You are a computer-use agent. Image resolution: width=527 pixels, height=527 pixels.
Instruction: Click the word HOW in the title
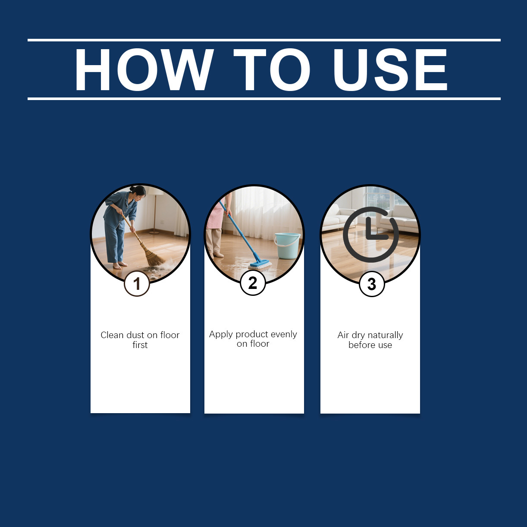(144, 69)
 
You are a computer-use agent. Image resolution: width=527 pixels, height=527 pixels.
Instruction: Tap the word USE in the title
(390, 69)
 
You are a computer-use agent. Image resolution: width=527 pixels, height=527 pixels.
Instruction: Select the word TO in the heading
(272, 69)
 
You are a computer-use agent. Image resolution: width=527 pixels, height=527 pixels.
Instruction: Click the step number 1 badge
(137, 284)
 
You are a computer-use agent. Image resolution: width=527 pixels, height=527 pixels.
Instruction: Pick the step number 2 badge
(253, 283)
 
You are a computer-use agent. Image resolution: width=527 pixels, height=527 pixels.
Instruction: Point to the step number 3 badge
(372, 284)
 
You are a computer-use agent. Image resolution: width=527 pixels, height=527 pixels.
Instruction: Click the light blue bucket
(287, 245)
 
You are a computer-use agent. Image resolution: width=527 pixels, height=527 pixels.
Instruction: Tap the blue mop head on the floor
(260, 264)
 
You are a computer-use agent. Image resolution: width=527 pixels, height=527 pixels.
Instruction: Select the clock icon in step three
(371, 235)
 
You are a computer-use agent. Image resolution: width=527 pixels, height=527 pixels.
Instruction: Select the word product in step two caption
(251, 335)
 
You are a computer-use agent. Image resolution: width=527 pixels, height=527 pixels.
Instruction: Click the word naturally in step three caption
(386, 336)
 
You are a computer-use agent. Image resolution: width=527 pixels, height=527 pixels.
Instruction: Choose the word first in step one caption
(140, 345)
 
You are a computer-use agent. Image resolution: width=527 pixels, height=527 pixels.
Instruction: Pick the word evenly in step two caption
(284, 335)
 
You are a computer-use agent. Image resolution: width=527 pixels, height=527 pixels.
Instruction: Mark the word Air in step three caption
(343, 335)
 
